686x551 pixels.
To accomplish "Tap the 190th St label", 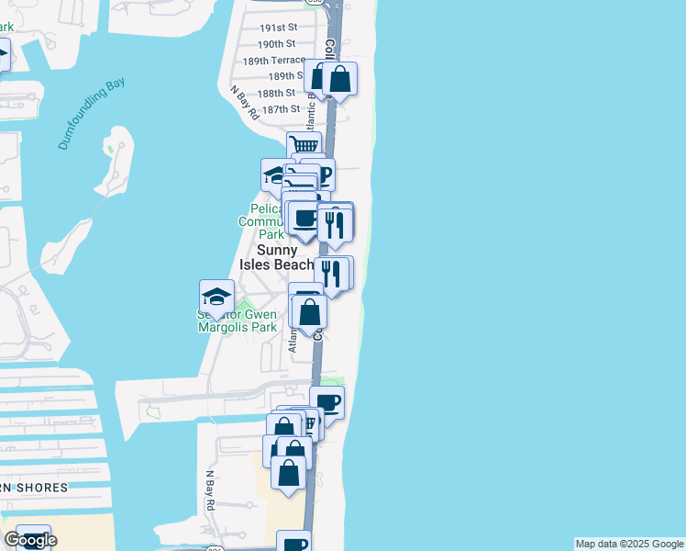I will click(276, 44).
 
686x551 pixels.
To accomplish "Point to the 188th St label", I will click(276, 93).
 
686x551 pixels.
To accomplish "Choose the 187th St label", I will click(281, 109).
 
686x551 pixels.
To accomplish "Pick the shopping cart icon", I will click(304, 145).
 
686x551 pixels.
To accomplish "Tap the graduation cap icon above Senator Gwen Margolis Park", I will click(216, 296).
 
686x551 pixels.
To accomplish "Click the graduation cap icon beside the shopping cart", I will click(276, 174).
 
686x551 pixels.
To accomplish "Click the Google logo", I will click(30, 540).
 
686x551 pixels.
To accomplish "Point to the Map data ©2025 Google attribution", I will click(629, 544).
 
